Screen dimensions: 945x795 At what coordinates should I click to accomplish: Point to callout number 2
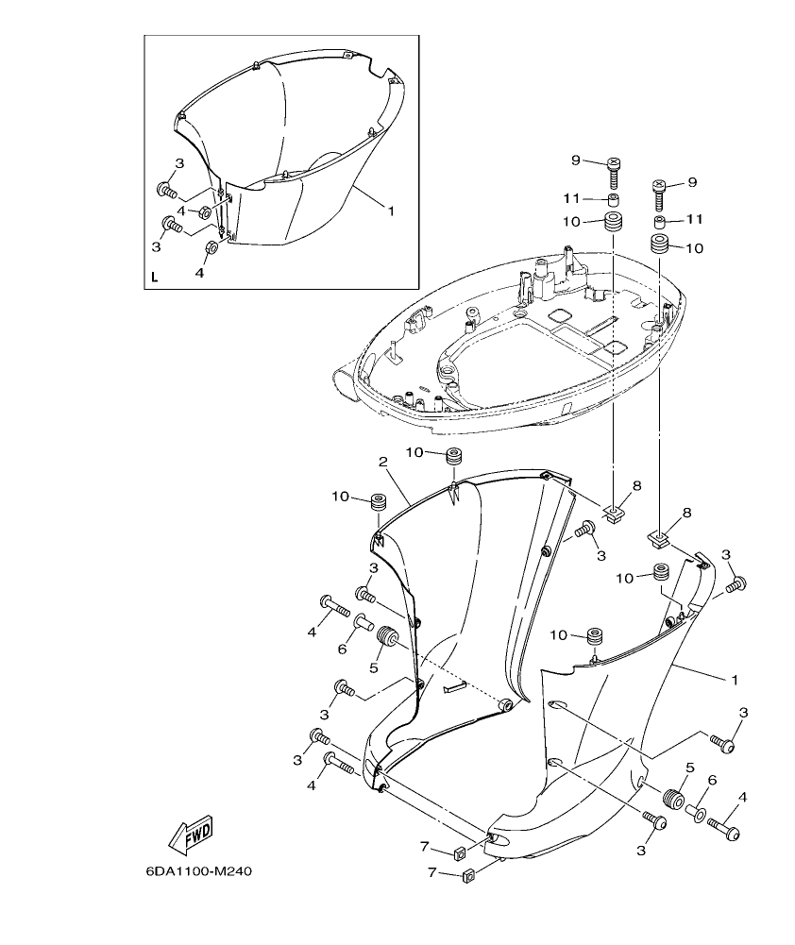point(383,462)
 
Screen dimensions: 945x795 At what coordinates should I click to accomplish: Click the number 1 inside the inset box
point(390,211)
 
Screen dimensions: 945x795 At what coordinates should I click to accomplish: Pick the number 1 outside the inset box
point(735,679)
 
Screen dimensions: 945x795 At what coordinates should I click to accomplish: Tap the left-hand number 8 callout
point(636,485)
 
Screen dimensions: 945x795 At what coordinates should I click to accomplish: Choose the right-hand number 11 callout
point(695,219)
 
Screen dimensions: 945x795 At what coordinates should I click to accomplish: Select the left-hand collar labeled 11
point(614,201)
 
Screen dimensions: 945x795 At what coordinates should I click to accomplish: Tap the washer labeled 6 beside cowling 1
point(697,811)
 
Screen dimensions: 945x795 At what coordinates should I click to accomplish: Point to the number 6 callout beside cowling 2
point(343,650)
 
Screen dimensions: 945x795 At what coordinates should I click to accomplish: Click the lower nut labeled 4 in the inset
point(212,249)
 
